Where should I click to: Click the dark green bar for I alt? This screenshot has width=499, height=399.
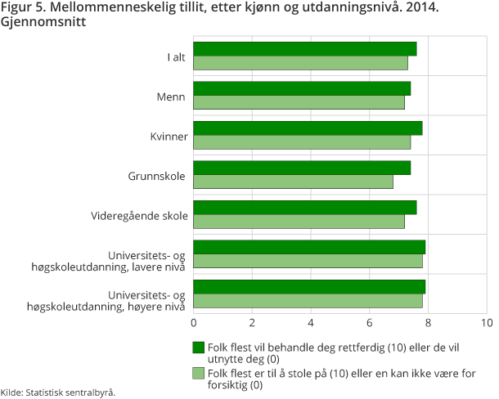305,49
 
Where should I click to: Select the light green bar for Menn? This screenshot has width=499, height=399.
299,103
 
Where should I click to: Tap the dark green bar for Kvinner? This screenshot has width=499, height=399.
308,128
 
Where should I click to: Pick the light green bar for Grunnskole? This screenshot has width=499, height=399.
294,182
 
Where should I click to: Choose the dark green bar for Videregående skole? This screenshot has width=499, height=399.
305,208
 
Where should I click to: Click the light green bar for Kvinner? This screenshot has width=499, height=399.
302,142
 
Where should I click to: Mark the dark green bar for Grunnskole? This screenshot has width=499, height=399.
302,168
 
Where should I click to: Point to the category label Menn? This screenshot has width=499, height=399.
172,96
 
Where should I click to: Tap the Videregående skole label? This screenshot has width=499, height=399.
139,215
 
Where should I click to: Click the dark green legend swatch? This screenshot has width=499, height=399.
199,347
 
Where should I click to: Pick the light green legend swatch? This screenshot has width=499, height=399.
199,373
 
